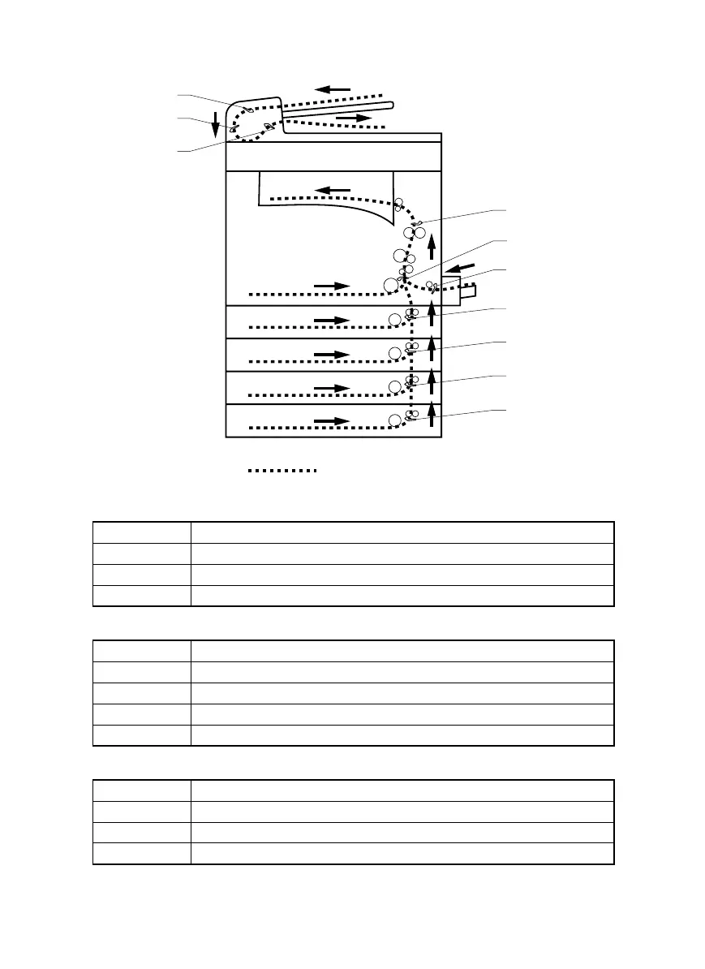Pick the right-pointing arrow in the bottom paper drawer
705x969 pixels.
pos(331,420)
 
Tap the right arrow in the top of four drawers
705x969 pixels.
pos(331,321)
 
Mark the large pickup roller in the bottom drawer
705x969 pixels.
pos(395,420)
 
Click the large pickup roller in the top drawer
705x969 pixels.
pos(395,319)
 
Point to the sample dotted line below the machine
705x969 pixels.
pos(282,470)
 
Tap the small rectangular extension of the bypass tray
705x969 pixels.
pos(469,291)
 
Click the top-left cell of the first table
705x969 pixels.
pos(142,532)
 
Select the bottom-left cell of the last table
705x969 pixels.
pos(142,854)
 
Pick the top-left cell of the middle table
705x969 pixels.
pos(142,651)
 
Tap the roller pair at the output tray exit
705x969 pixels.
pos(398,206)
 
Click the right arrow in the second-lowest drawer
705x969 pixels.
pos(331,388)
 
